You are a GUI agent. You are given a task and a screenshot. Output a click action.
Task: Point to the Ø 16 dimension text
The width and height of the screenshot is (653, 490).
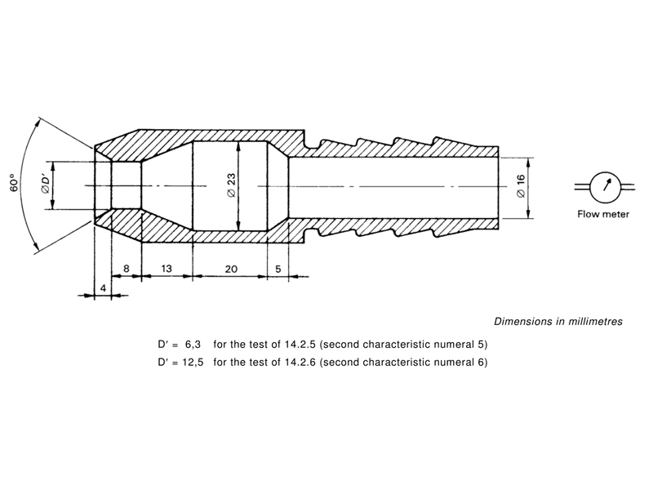520,187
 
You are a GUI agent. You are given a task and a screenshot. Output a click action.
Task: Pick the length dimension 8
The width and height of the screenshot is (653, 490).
126,268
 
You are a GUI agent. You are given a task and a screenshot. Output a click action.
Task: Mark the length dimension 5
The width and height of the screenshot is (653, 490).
278,268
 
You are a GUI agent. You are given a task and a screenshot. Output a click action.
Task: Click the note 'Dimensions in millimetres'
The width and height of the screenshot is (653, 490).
558,322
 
